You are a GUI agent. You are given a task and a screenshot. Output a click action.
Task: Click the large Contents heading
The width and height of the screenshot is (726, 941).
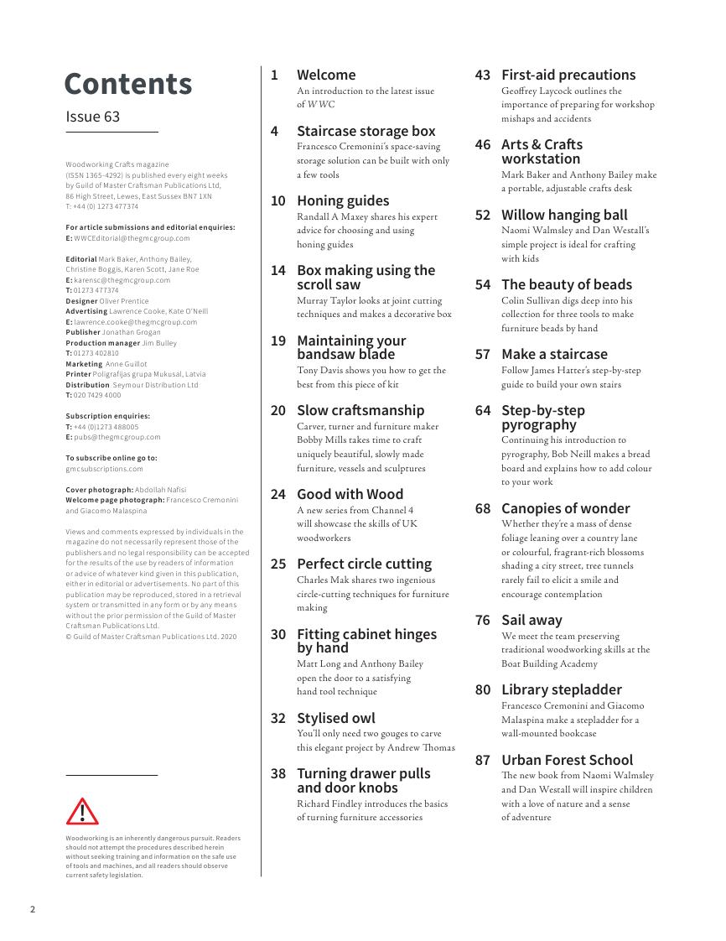click(128, 84)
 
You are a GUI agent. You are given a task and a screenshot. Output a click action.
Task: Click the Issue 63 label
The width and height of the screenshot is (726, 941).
click(93, 117)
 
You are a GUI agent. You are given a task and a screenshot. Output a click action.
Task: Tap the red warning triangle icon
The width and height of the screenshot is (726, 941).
click(82, 812)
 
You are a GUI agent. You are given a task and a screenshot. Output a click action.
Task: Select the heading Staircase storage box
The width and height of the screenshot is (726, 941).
click(366, 131)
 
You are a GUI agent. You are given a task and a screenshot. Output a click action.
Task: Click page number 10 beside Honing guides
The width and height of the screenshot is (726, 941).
click(277, 200)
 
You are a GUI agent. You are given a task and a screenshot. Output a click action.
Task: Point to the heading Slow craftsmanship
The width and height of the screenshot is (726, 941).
click(360, 410)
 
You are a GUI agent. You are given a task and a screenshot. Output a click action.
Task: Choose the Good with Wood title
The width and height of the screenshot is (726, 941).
click(350, 494)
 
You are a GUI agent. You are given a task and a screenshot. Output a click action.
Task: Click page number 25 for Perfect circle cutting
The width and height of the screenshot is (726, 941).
click(277, 564)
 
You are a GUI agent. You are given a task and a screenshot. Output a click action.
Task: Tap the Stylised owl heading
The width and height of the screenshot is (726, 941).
click(335, 718)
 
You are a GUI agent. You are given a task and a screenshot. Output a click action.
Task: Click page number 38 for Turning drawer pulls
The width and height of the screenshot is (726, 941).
click(277, 773)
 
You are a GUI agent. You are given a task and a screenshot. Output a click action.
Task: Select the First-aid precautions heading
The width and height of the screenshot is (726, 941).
click(568, 75)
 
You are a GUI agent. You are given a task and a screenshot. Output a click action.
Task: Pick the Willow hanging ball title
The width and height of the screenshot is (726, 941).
click(564, 215)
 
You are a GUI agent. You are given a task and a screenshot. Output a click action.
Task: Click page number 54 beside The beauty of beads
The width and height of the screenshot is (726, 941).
click(482, 284)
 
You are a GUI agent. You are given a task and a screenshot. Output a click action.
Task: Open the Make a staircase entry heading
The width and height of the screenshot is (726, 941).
click(554, 354)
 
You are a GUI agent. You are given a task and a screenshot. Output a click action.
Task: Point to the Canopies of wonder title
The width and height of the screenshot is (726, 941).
click(565, 508)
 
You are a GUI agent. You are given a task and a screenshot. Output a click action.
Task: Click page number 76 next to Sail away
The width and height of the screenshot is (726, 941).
click(482, 620)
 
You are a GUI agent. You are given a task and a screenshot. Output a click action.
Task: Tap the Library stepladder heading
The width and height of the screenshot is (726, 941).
click(562, 689)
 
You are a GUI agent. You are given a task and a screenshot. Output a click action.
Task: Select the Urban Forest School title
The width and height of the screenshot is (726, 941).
click(567, 760)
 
